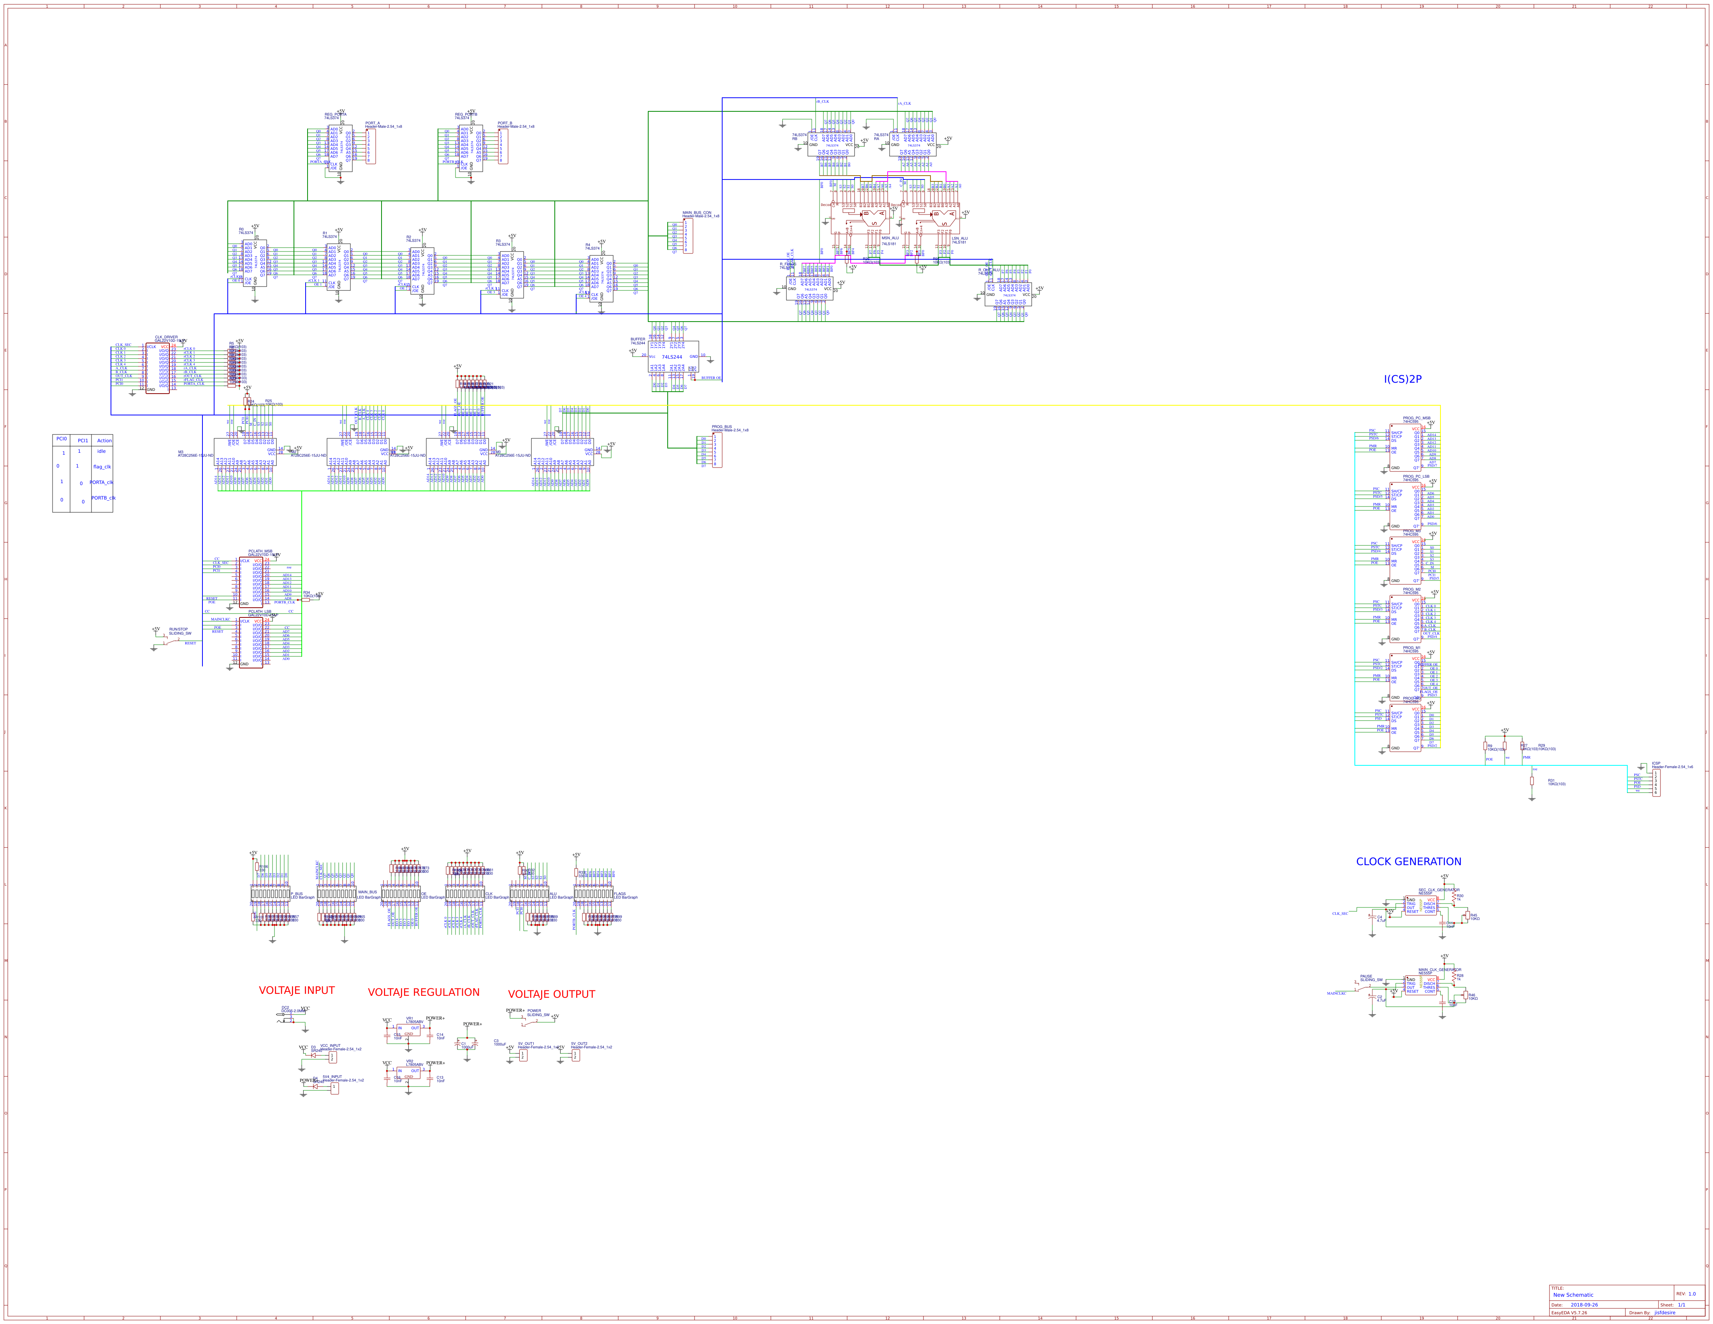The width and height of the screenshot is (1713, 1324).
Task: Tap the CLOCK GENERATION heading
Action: pyautogui.click(x=1409, y=861)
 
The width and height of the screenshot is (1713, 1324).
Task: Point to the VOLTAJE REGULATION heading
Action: pyautogui.click(x=424, y=992)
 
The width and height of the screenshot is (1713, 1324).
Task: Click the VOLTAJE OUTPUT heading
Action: pyautogui.click(x=551, y=994)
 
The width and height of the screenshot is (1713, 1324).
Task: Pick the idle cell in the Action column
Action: pyautogui.click(x=101, y=451)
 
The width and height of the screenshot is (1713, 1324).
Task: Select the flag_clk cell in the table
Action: pyautogui.click(x=102, y=467)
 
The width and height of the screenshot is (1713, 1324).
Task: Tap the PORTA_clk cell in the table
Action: pyautogui.click(x=101, y=482)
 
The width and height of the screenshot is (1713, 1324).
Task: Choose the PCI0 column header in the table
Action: pyautogui.click(x=61, y=439)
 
